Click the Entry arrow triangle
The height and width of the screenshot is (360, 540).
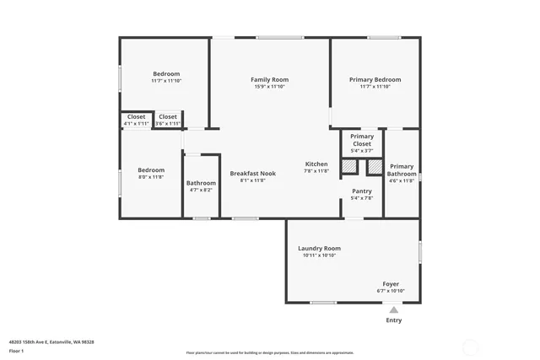393,310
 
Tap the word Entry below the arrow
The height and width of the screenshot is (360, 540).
393,320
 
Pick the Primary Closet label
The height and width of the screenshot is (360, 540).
361,140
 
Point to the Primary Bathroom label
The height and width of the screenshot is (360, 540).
402,170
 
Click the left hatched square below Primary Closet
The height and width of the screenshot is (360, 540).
348,167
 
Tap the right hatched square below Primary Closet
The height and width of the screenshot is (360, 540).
375,167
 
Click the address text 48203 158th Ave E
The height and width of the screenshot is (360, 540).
51,341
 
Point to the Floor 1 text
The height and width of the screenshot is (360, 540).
17,350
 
